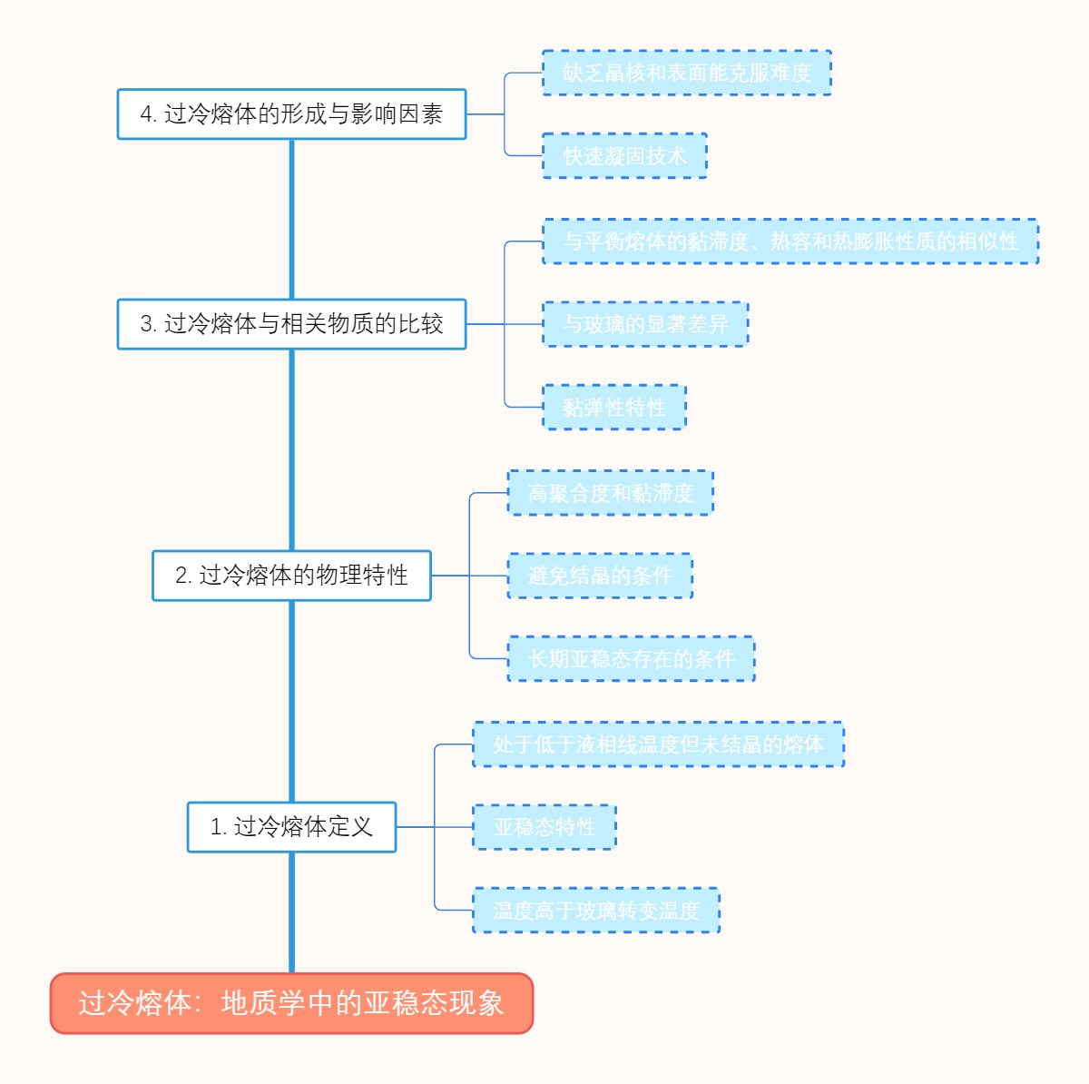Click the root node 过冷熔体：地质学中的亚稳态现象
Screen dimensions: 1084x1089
pyautogui.click(x=291, y=1003)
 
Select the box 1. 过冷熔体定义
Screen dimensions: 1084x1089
pyautogui.click(x=291, y=827)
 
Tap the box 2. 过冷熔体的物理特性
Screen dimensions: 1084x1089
pyautogui.click(x=291, y=576)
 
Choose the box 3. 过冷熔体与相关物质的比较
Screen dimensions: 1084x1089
pyautogui.click(x=291, y=324)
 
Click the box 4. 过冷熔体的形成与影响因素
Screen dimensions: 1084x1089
pyautogui.click(x=291, y=114)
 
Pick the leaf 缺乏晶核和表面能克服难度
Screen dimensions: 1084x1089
pyautogui.click(x=686, y=74)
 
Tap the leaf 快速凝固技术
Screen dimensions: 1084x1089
pyautogui.click(x=624, y=156)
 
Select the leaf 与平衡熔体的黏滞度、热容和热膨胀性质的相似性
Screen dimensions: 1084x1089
pyautogui.click(x=790, y=241)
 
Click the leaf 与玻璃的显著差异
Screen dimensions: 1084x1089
pyautogui.click(x=645, y=324)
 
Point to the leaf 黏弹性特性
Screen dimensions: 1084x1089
pyautogui.click(x=614, y=408)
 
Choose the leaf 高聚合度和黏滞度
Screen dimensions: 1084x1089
pyautogui.click(x=610, y=493)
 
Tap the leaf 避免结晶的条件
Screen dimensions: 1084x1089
pyautogui.click(x=600, y=576)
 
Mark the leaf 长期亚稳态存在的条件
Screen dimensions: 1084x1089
pyautogui.click(x=631, y=659)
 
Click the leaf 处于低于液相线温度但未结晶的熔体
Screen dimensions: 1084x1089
pyautogui.click(x=658, y=744)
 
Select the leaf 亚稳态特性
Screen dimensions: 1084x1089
pyautogui.click(x=544, y=827)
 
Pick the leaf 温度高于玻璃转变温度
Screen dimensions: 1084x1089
pyautogui.click(x=596, y=911)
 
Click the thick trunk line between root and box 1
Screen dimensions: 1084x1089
pyautogui.click(x=291, y=912)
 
